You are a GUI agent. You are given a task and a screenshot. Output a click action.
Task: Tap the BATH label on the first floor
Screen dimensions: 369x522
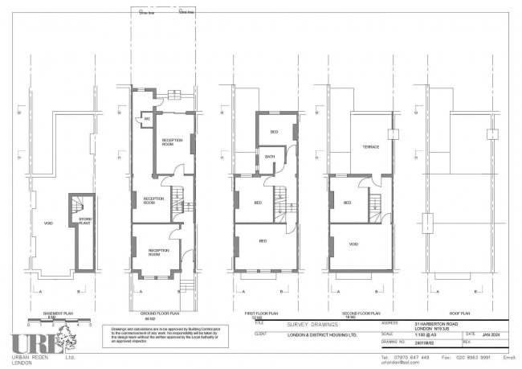tap(270, 158)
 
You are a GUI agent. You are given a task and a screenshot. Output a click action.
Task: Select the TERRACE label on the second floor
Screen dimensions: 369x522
tap(370, 147)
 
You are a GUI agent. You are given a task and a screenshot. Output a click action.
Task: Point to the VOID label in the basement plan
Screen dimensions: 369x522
tap(48, 223)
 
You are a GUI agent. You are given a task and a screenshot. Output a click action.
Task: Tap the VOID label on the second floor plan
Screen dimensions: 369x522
tap(353, 242)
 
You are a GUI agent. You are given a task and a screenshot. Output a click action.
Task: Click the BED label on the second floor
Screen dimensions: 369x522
tap(348, 203)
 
